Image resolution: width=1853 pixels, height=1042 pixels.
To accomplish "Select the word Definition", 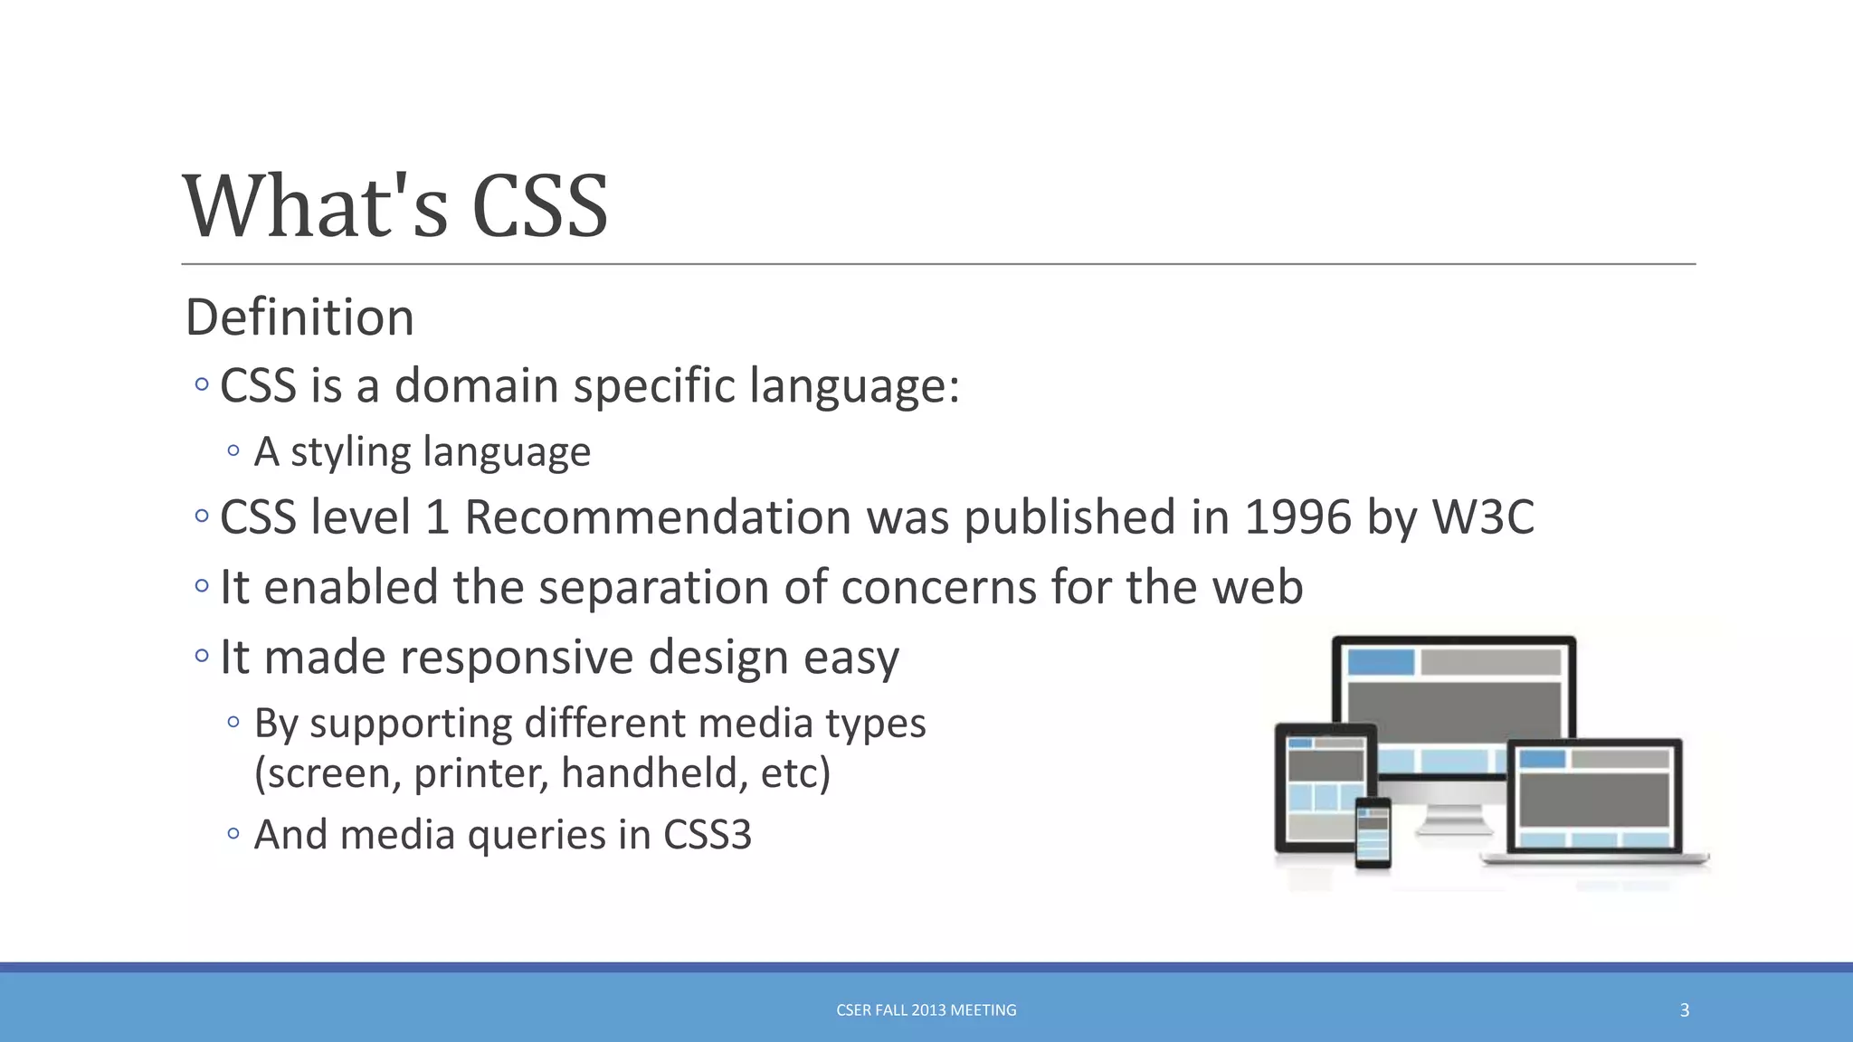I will [x=299, y=317].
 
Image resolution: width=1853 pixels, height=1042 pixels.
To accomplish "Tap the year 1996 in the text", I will [x=1297, y=517].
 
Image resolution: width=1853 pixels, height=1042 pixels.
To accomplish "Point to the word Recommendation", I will [x=658, y=517].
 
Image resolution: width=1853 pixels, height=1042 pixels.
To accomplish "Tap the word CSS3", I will [x=707, y=834].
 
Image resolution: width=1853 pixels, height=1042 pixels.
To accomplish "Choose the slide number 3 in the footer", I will [x=1684, y=1010].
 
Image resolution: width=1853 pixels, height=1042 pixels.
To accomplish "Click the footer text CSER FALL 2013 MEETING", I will [x=926, y=1010].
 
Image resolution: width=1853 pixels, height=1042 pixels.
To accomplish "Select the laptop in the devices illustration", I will [x=1594, y=800].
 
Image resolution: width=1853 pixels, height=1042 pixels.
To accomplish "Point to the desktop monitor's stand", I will [x=1453, y=819].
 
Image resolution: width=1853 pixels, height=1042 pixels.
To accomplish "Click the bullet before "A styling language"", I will [x=233, y=450].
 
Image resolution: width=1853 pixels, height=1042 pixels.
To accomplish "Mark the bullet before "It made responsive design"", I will [x=201, y=655].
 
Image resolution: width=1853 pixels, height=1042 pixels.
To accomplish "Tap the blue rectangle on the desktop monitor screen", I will [x=1381, y=662].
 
